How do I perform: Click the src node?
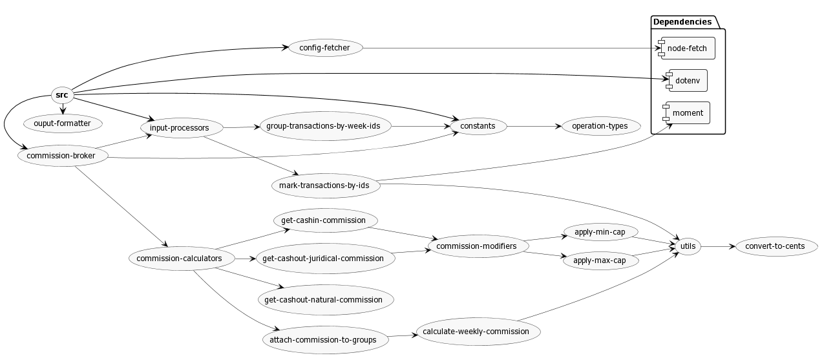tap(62, 96)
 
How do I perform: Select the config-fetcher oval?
tap(324, 48)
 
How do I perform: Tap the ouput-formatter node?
tap(62, 123)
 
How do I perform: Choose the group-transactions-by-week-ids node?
tap(323, 126)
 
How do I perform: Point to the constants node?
tap(478, 126)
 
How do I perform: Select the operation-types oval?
tap(600, 126)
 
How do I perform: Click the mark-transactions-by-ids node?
tap(324, 185)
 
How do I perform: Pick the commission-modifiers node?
tap(476, 246)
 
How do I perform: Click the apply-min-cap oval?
tap(600, 231)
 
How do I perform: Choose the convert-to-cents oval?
tap(775, 246)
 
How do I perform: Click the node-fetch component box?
tap(686, 48)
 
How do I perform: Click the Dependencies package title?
tap(682, 22)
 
